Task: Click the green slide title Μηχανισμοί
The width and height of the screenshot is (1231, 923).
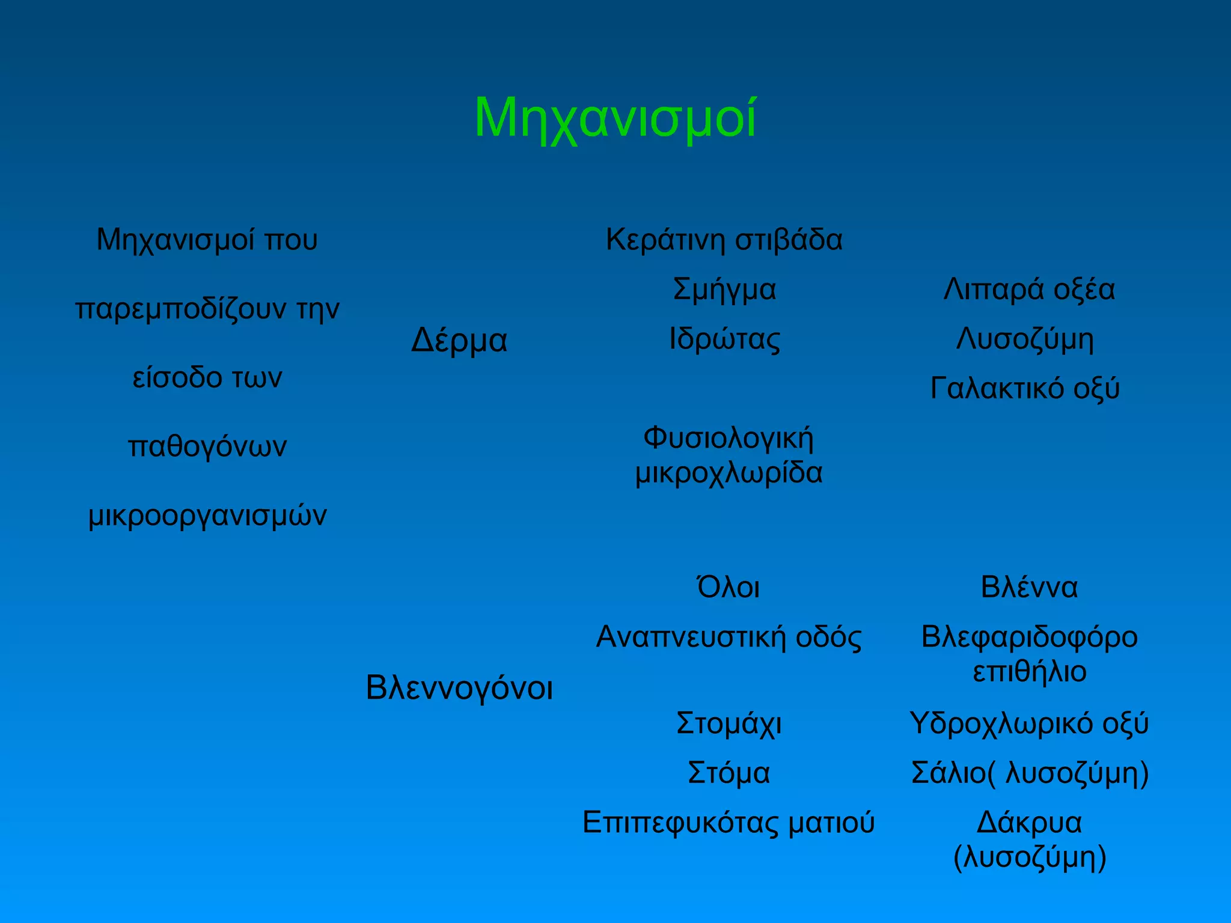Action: pos(615,118)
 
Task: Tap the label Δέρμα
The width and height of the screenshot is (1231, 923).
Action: pos(459,341)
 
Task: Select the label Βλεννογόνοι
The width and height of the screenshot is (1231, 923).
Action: pos(459,687)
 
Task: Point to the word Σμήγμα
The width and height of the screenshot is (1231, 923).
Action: pos(724,290)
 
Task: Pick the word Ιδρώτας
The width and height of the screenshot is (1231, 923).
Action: pos(724,339)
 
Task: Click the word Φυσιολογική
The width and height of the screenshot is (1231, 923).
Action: pos(729,437)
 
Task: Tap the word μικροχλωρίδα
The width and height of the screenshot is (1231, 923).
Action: pos(729,473)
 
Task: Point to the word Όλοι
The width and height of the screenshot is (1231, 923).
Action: pos(728,586)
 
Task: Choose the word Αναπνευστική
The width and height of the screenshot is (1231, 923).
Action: pos(691,637)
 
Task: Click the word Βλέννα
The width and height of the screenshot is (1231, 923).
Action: pos(1029,587)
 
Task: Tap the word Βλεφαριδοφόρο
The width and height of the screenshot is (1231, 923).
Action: pos(1029,637)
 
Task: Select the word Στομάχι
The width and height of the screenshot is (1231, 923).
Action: pos(729,723)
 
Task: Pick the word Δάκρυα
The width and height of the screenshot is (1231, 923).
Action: pos(1029,823)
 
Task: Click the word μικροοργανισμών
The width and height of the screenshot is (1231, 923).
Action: pos(207,516)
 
